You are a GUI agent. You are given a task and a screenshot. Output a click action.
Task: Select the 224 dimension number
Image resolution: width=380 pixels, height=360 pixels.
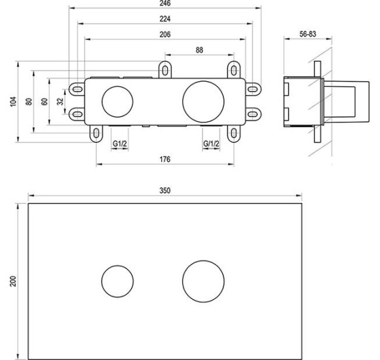pos(164,19)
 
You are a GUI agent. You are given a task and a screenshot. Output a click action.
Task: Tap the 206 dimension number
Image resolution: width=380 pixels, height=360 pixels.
pos(164,34)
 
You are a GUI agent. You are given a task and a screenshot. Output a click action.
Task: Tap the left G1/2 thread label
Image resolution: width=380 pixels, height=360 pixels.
pos(119,143)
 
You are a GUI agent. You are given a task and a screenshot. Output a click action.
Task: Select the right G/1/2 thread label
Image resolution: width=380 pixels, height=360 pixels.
pos(210,143)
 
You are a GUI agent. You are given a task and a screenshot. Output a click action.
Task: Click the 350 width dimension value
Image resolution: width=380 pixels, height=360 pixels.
pos(164,190)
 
